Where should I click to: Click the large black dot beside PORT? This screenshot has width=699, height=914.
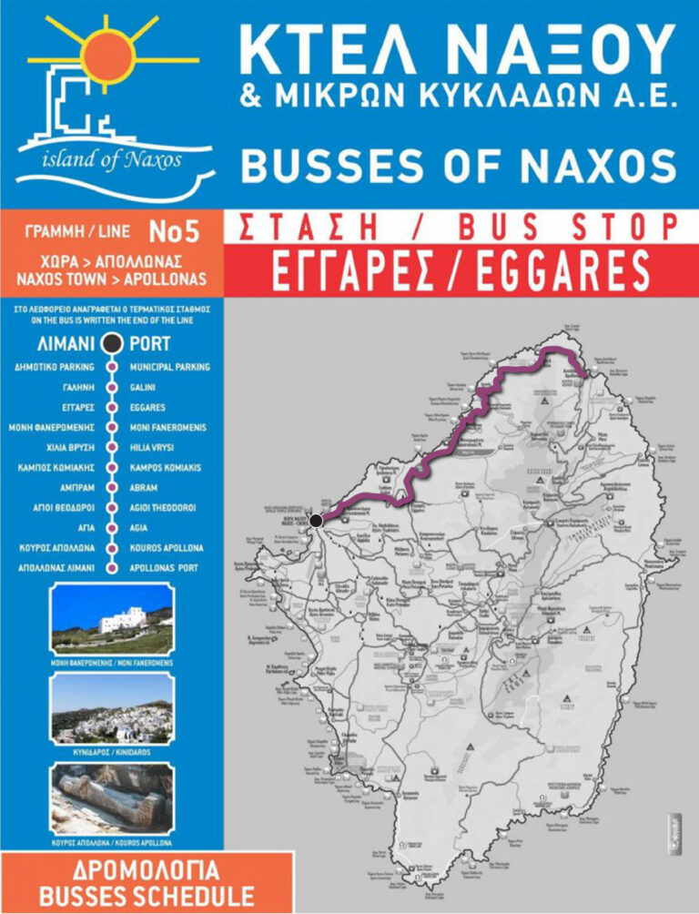tap(112, 344)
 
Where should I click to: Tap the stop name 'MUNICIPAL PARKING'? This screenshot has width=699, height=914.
tap(170, 367)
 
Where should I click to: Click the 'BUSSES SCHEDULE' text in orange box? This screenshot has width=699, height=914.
tap(142, 896)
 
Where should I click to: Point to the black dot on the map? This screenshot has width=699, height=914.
tap(316, 521)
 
